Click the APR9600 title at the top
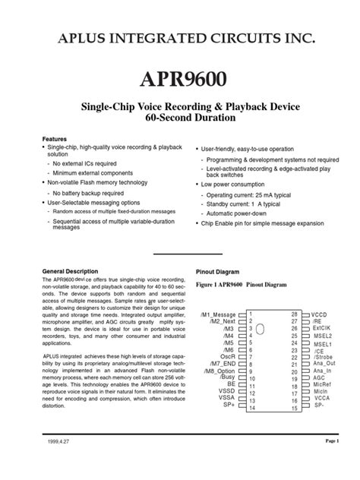180,79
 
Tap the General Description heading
70,271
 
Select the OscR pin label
227,356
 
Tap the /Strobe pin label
324,356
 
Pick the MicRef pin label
322,384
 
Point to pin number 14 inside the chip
251,407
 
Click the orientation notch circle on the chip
260,329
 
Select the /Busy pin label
227,377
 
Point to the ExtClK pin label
323,328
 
